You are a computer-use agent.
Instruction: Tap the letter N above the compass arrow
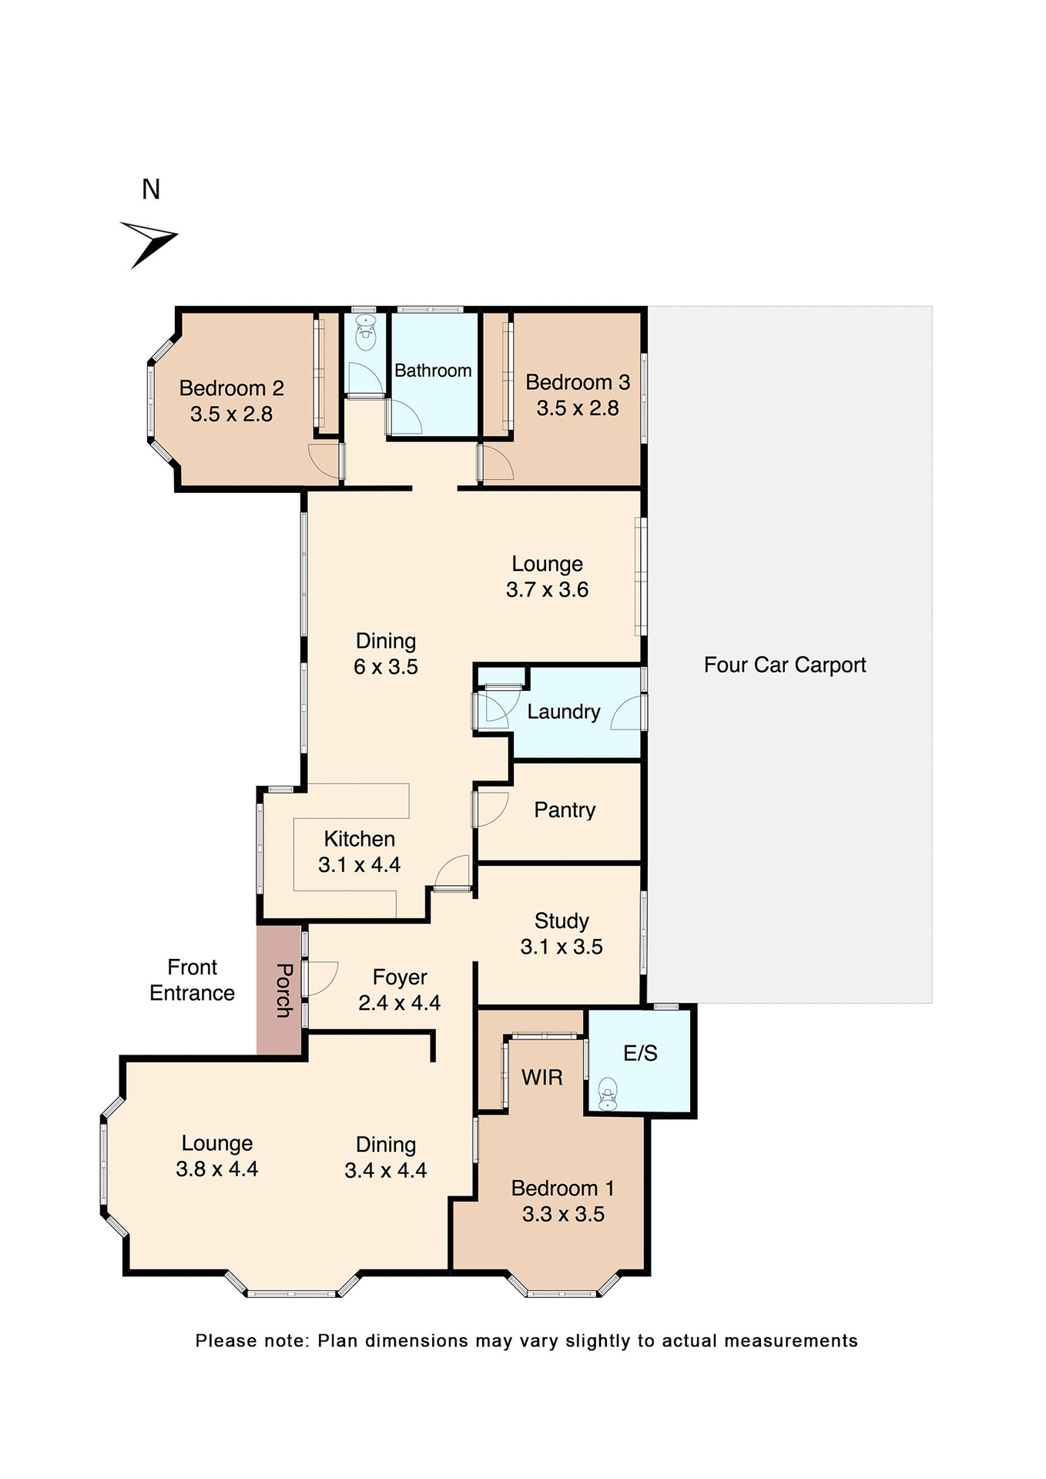click(x=151, y=189)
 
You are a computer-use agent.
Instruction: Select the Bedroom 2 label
click(x=231, y=388)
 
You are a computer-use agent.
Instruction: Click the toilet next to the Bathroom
click(x=366, y=334)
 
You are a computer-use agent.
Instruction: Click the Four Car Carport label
click(x=784, y=665)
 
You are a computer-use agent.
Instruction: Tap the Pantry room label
click(x=565, y=810)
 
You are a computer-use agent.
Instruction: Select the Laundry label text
click(x=563, y=712)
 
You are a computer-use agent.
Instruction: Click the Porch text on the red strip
click(x=283, y=990)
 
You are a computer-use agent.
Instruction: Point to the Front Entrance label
click(x=193, y=980)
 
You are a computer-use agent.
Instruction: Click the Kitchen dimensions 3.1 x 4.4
click(x=359, y=865)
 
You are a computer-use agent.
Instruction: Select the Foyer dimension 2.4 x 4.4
click(x=399, y=1003)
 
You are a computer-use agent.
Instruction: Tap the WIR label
click(x=541, y=1078)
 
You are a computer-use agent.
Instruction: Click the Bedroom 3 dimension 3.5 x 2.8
click(x=578, y=408)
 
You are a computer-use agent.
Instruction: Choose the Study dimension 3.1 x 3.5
click(x=562, y=947)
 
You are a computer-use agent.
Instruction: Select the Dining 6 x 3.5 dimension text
click(x=385, y=667)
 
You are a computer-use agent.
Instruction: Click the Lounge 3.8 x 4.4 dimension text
click(x=217, y=1169)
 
